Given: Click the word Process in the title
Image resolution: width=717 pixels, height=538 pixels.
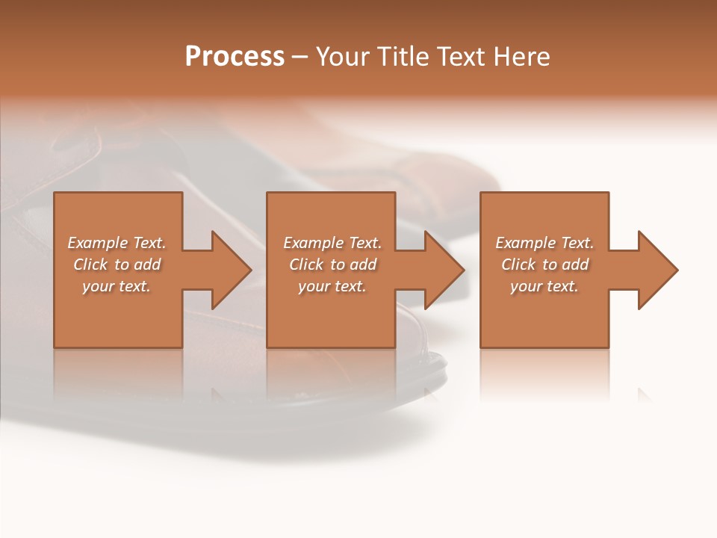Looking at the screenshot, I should click(x=235, y=57).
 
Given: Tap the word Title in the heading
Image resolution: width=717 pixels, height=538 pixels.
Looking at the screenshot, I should click(x=401, y=57).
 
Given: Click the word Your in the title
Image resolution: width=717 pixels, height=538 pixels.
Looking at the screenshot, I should click(x=343, y=57).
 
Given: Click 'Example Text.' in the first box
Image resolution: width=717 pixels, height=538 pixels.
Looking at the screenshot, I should click(x=117, y=243).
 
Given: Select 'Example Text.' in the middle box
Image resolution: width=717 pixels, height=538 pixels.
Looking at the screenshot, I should click(x=332, y=243).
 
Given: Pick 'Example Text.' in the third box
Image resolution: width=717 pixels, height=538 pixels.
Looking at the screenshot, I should click(x=544, y=243).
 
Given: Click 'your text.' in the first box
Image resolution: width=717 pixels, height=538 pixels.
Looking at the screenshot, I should click(x=117, y=286).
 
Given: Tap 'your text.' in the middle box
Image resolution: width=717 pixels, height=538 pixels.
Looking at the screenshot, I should click(x=332, y=286).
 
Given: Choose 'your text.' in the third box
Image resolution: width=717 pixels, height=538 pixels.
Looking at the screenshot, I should click(x=544, y=286).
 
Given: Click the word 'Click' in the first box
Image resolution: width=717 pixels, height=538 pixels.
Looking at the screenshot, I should click(x=90, y=265).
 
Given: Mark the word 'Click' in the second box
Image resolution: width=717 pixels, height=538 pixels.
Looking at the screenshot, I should click(x=306, y=265).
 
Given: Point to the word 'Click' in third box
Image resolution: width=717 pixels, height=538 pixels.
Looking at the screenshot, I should click(x=518, y=265).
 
